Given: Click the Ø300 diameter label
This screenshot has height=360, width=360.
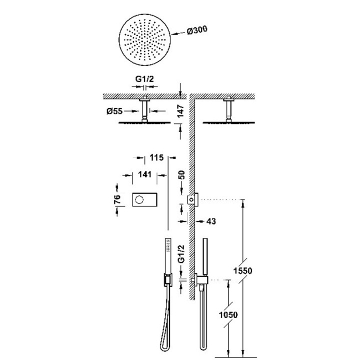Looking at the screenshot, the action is (197, 30).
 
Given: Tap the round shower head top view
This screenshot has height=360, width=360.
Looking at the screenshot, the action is (145, 39).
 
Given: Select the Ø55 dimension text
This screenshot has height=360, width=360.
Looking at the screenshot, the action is (114, 111).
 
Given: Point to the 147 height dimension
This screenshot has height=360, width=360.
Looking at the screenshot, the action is (180, 111).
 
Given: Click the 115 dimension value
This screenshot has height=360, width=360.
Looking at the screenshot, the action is (156, 157).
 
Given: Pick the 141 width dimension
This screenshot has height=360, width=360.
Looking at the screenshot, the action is (144, 174).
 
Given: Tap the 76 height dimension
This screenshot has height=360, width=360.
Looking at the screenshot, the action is (117, 199).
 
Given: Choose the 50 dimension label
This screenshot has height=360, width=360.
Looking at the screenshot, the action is (181, 175).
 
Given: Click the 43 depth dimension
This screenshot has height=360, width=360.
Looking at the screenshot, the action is (211, 221).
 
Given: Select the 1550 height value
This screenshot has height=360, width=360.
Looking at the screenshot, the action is (242, 271).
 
